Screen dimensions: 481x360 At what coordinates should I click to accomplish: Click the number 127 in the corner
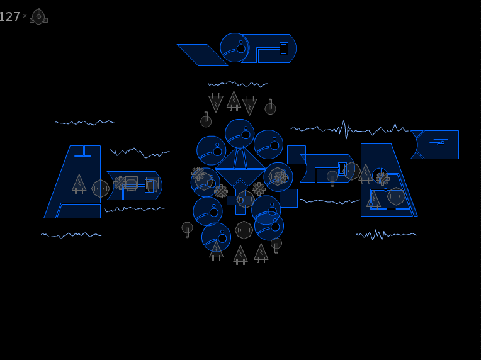[x=9, y=16]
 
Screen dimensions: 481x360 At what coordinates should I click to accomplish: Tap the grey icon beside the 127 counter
[x=38, y=16]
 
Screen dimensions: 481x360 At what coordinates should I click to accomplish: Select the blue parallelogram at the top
[x=203, y=55]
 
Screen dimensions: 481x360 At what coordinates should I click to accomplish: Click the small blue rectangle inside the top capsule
[x=284, y=48]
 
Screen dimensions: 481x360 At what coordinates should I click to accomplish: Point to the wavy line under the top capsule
[x=238, y=84]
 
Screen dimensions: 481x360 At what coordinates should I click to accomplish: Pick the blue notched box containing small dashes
[x=435, y=145]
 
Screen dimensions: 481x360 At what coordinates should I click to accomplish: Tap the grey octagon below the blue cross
[x=244, y=230]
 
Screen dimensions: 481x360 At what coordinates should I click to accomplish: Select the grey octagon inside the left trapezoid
[x=101, y=189]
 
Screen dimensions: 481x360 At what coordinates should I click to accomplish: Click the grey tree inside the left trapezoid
[x=79, y=184]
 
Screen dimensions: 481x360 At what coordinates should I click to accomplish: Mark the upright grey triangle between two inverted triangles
[x=234, y=101]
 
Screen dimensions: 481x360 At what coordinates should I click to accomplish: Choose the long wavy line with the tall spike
[x=349, y=130]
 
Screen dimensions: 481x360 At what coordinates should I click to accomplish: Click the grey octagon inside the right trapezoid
[x=397, y=196]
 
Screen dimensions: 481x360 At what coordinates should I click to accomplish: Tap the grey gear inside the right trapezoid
[x=383, y=179]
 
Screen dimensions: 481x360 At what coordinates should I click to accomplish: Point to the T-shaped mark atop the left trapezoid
[x=83, y=151]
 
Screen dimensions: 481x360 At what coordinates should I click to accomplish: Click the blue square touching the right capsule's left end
[x=297, y=155]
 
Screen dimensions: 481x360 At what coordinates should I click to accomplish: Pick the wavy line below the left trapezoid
[x=71, y=235]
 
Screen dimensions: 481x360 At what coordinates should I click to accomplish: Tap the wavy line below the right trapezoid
[x=386, y=235]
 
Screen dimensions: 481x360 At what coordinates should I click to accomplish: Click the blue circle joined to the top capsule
[x=235, y=48]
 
